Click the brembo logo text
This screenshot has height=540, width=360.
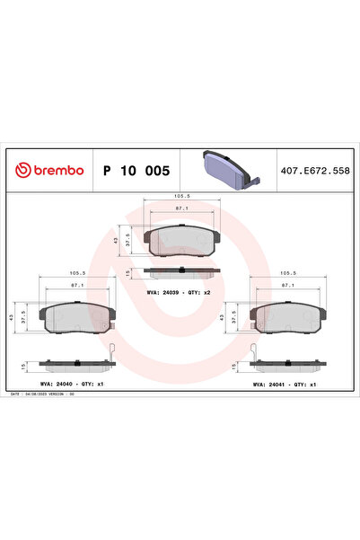52,170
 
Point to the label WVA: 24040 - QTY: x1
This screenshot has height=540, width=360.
75,384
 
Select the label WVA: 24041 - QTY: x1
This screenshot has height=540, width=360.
285,384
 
